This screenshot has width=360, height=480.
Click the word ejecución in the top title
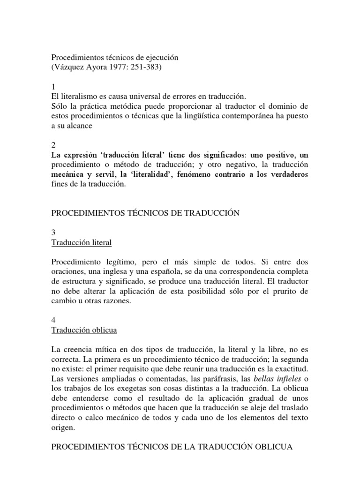click(x=159, y=57)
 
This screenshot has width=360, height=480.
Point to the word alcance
click(x=80, y=125)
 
